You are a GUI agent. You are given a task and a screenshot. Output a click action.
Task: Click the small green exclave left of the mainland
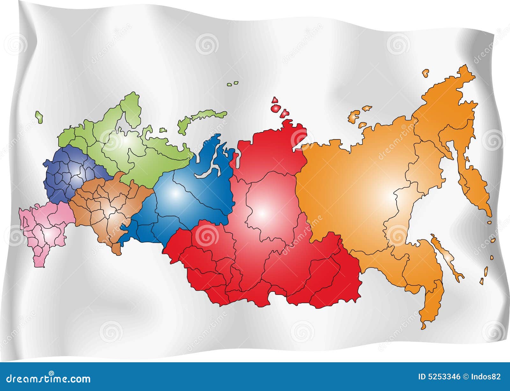click(39, 117)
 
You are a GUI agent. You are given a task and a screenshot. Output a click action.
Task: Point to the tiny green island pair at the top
click(233, 84)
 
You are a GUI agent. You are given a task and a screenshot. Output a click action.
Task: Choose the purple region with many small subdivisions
click(69, 174)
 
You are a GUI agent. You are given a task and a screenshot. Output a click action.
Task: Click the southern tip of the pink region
click(40, 265)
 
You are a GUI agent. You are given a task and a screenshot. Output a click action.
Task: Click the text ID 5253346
click(439, 377)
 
